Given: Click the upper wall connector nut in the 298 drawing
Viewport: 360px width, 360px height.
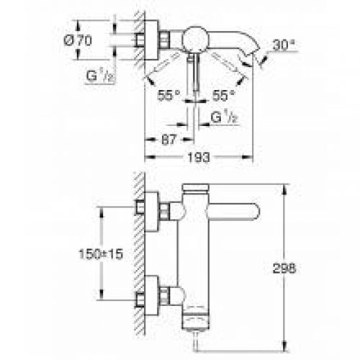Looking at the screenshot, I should click(167, 212).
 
